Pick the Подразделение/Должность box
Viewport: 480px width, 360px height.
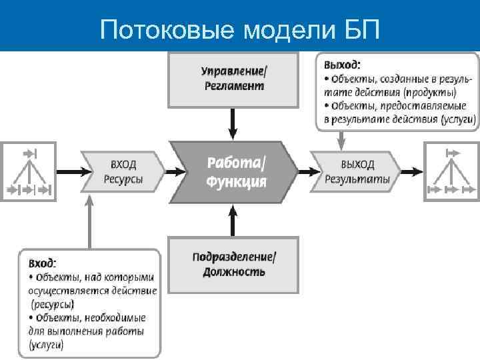[233, 264]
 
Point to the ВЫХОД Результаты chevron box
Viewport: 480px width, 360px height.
[357, 171]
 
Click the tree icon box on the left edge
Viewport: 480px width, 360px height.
[27, 171]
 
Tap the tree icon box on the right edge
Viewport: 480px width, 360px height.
[452, 171]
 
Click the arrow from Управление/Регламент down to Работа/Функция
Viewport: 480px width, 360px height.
[233, 124]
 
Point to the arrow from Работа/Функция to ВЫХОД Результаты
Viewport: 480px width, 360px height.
[304, 171]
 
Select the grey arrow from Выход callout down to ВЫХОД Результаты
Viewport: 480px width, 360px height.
[341, 140]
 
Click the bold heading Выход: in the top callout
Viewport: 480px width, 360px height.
[343, 65]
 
